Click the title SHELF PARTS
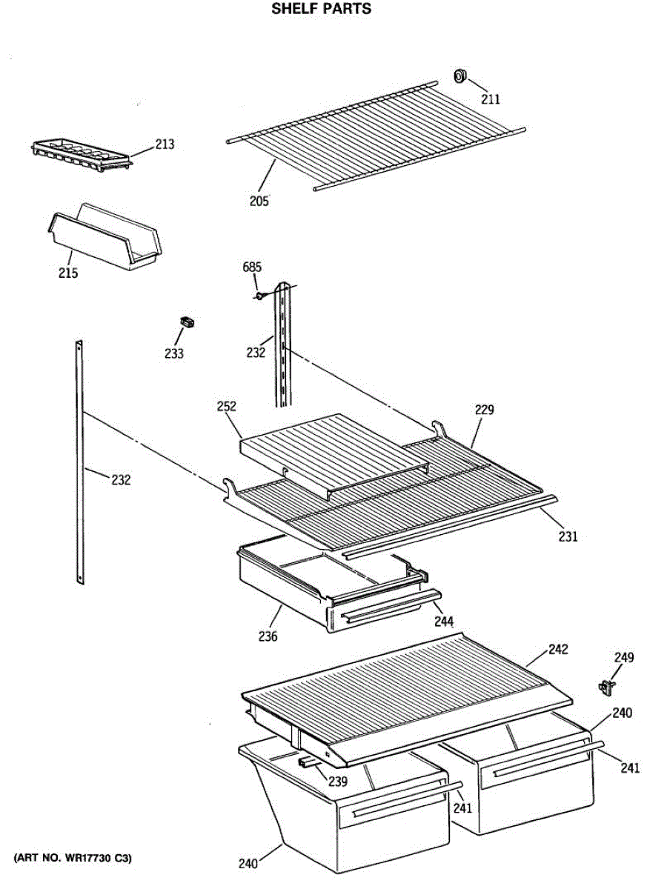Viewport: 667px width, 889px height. tap(321, 10)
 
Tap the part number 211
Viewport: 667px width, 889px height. tap(491, 99)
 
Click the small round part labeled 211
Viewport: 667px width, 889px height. tap(460, 74)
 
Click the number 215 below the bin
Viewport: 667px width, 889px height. tap(68, 273)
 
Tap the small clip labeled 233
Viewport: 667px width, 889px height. tap(187, 322)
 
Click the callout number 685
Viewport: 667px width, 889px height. tap(253, 267)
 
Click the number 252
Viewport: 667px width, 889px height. tap(226, 406)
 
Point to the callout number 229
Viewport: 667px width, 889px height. tap(485, 410)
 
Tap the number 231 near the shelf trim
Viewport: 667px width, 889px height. tap(568, 536)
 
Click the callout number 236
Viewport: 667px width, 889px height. tap(268, 636)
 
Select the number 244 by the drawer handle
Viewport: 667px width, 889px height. tap(445, 621)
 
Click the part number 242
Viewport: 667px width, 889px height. tap(558, 650)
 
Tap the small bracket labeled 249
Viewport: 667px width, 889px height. tap(607, 687)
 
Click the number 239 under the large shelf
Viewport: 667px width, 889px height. tap(338, 782)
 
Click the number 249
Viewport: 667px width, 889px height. tap(624, 657)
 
